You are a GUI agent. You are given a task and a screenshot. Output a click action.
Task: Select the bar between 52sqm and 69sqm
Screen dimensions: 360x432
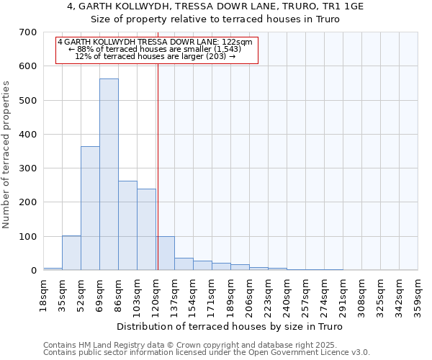point(90,208)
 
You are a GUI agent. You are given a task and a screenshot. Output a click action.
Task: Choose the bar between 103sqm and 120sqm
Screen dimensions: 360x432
point(146,230)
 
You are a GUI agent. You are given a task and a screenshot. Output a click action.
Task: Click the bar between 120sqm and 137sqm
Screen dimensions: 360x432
point(166,253)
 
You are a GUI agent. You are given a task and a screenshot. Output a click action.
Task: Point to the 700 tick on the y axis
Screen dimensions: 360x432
point(28,32)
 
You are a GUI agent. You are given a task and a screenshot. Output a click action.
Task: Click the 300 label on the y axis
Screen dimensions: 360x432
point(28,168)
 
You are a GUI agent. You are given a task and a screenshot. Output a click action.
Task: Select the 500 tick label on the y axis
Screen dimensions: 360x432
point(28,100)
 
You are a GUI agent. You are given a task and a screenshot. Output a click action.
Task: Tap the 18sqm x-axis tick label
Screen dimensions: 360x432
point(44,294)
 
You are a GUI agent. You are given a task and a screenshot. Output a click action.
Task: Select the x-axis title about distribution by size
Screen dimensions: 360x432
point(230,326)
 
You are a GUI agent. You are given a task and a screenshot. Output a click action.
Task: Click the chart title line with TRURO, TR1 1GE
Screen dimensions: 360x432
point(215,6)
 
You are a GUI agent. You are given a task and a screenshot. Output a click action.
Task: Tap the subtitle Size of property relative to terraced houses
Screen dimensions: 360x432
point(215,19)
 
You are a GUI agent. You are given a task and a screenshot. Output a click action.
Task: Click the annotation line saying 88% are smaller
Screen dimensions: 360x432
point(156,49)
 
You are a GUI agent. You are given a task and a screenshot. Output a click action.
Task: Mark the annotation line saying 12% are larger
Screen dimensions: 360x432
point(156,56)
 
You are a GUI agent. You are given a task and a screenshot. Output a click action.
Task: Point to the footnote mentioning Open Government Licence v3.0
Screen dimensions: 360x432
point(207,353)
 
